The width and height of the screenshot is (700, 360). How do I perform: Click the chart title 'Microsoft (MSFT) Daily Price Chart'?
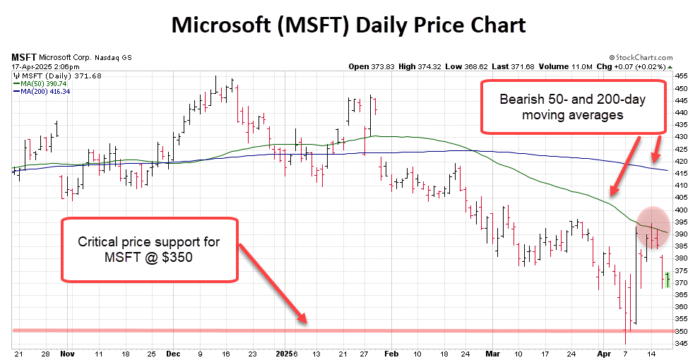(349, 25)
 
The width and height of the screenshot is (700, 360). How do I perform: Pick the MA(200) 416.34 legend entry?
(44, 91)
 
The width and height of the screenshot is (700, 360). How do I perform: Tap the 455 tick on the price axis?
(680, 76)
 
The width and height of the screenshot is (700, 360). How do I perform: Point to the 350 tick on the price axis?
(680, 331)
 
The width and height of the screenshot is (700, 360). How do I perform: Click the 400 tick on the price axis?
(680, 210)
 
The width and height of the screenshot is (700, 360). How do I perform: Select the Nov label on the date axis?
(67, 352)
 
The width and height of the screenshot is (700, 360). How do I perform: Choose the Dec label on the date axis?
(174, 352)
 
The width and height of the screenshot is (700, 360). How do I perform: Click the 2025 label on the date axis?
(283, 352)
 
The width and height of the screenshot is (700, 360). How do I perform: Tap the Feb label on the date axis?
(391, 352)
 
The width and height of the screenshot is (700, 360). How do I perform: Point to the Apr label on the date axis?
(603, 352)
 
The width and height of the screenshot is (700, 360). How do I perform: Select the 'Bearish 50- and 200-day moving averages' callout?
(573, 107)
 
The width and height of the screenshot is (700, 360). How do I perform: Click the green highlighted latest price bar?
(668, 279)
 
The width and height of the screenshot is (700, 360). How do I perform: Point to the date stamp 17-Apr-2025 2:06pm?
(40, 66)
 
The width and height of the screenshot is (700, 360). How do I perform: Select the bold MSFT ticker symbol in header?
(24, 56)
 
